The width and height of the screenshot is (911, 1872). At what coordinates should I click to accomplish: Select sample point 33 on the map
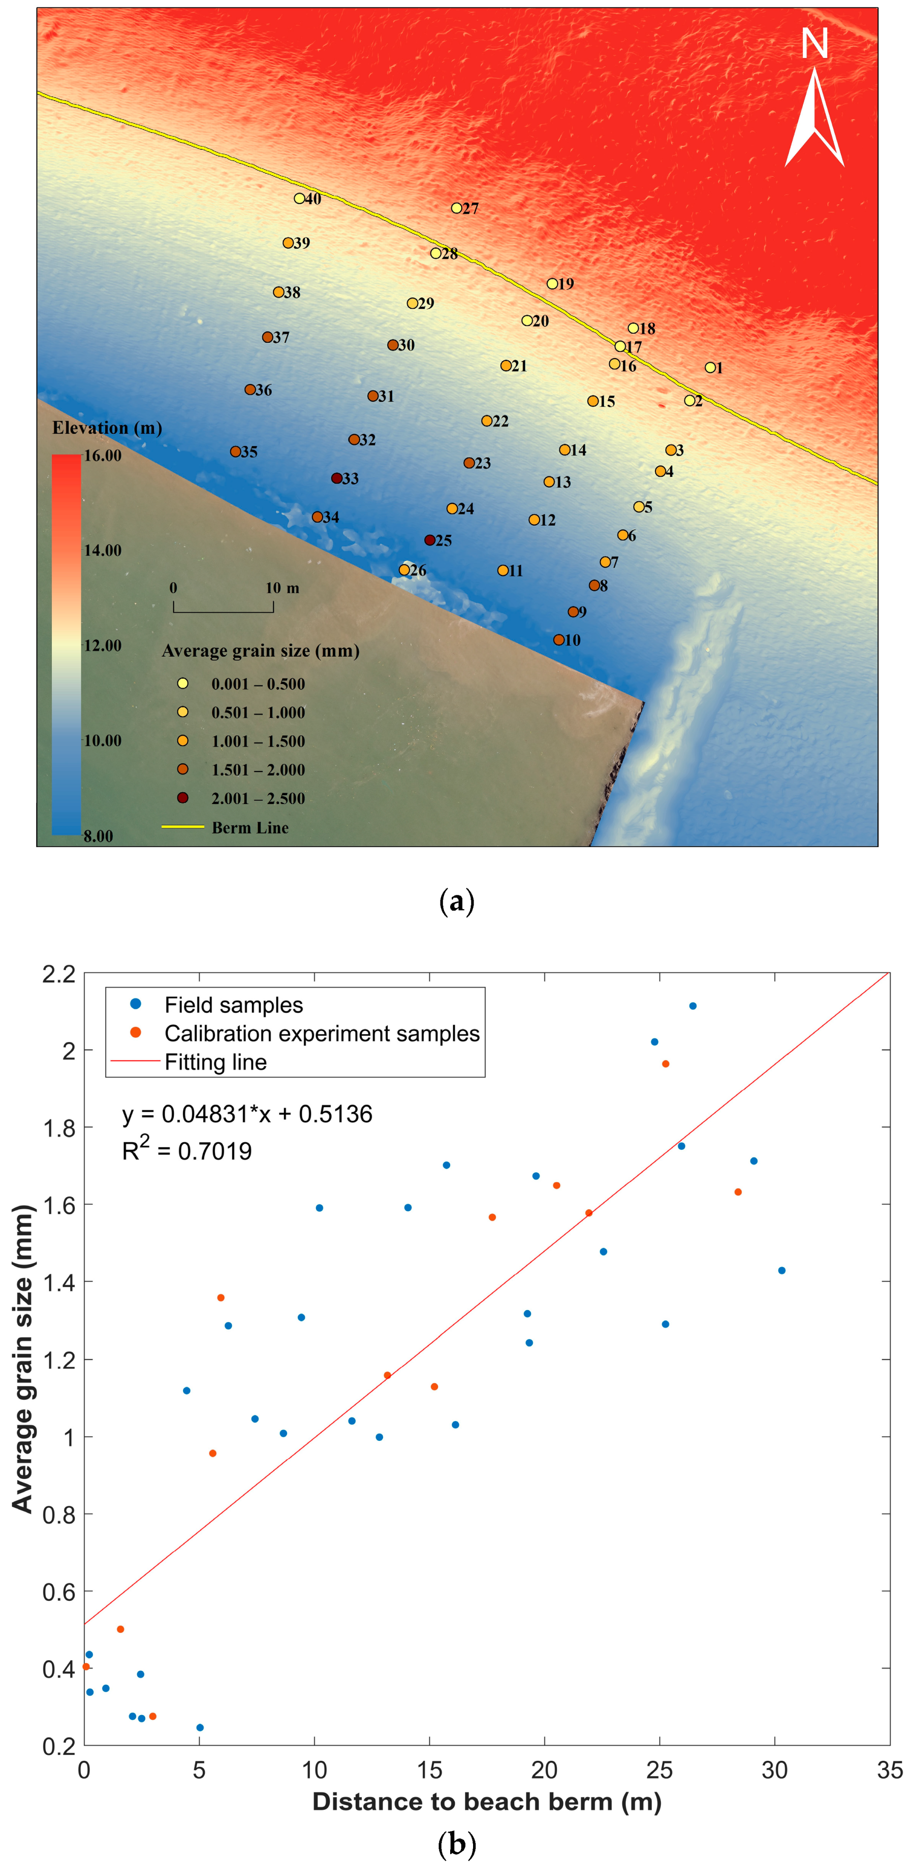(337, 478)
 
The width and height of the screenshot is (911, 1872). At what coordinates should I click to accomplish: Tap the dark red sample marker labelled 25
(430, 540)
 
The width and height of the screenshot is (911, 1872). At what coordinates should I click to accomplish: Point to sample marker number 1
(710, 368)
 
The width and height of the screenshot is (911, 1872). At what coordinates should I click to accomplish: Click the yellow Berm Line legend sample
(182, 827)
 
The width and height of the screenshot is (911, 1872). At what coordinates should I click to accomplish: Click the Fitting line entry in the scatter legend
(215, 1062)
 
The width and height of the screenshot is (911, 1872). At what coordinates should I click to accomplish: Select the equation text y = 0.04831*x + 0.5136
(247, 1114)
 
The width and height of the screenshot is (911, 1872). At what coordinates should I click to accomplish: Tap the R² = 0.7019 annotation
(187, 1150)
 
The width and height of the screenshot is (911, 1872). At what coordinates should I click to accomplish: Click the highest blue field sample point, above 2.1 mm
(693, 1006)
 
